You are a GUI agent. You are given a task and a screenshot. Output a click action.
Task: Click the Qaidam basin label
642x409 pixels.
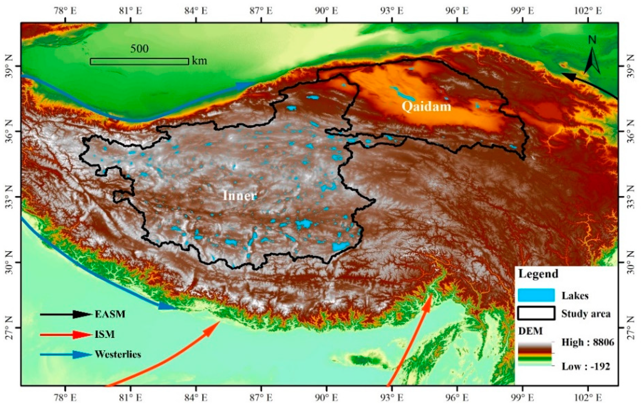click(x=426, y=106)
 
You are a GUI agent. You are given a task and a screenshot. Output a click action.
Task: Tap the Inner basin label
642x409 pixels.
click(x=240, y=196)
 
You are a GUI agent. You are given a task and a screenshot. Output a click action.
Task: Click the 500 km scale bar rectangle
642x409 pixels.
click(x=139, y=61)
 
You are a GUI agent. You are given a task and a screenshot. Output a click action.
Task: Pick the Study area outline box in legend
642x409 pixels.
click(x=536, y=313)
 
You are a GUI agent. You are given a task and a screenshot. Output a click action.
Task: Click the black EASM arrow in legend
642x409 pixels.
click(x=65, y=314)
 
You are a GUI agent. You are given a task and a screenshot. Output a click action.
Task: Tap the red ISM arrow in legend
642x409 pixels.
click(x=65, y=334)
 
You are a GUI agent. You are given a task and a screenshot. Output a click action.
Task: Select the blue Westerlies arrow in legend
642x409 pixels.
click(x=65, y=354)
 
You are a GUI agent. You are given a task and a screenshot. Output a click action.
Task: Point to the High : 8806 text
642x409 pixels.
click(x=588, y=342)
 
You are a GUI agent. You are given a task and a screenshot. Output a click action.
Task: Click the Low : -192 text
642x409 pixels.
click(x=585, y=366)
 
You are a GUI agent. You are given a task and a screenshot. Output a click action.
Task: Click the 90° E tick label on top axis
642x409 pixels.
click(x=327, y=11)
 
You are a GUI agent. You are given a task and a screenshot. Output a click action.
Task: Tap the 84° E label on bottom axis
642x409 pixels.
click(x=196, y=398)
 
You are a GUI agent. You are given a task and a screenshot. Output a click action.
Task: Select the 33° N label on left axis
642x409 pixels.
click(x=9, y=197)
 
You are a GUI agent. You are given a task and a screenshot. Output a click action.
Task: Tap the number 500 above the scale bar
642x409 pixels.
click(x=139, y=49)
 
